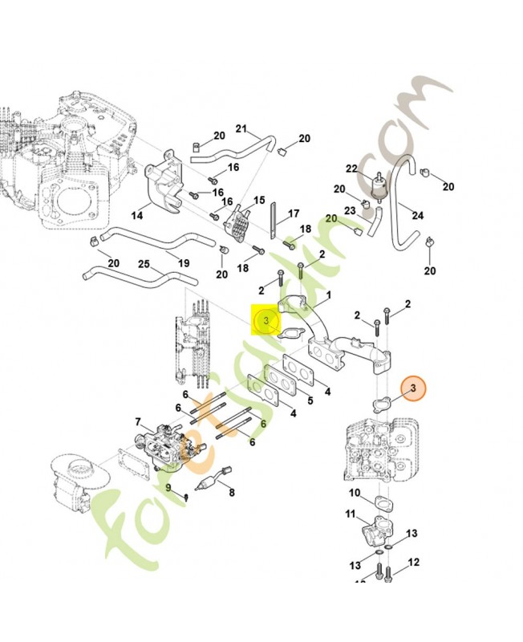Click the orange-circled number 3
coord(415,390)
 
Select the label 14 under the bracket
coord(137,215)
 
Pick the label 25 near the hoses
coord(144,264)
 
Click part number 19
coord(184,262)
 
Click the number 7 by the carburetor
coord(138,422)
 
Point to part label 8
coord(231,494)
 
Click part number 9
coord(169,487)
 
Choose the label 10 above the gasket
coord(355,492)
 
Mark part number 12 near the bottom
coord(414,563)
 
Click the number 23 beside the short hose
coord(349,211)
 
